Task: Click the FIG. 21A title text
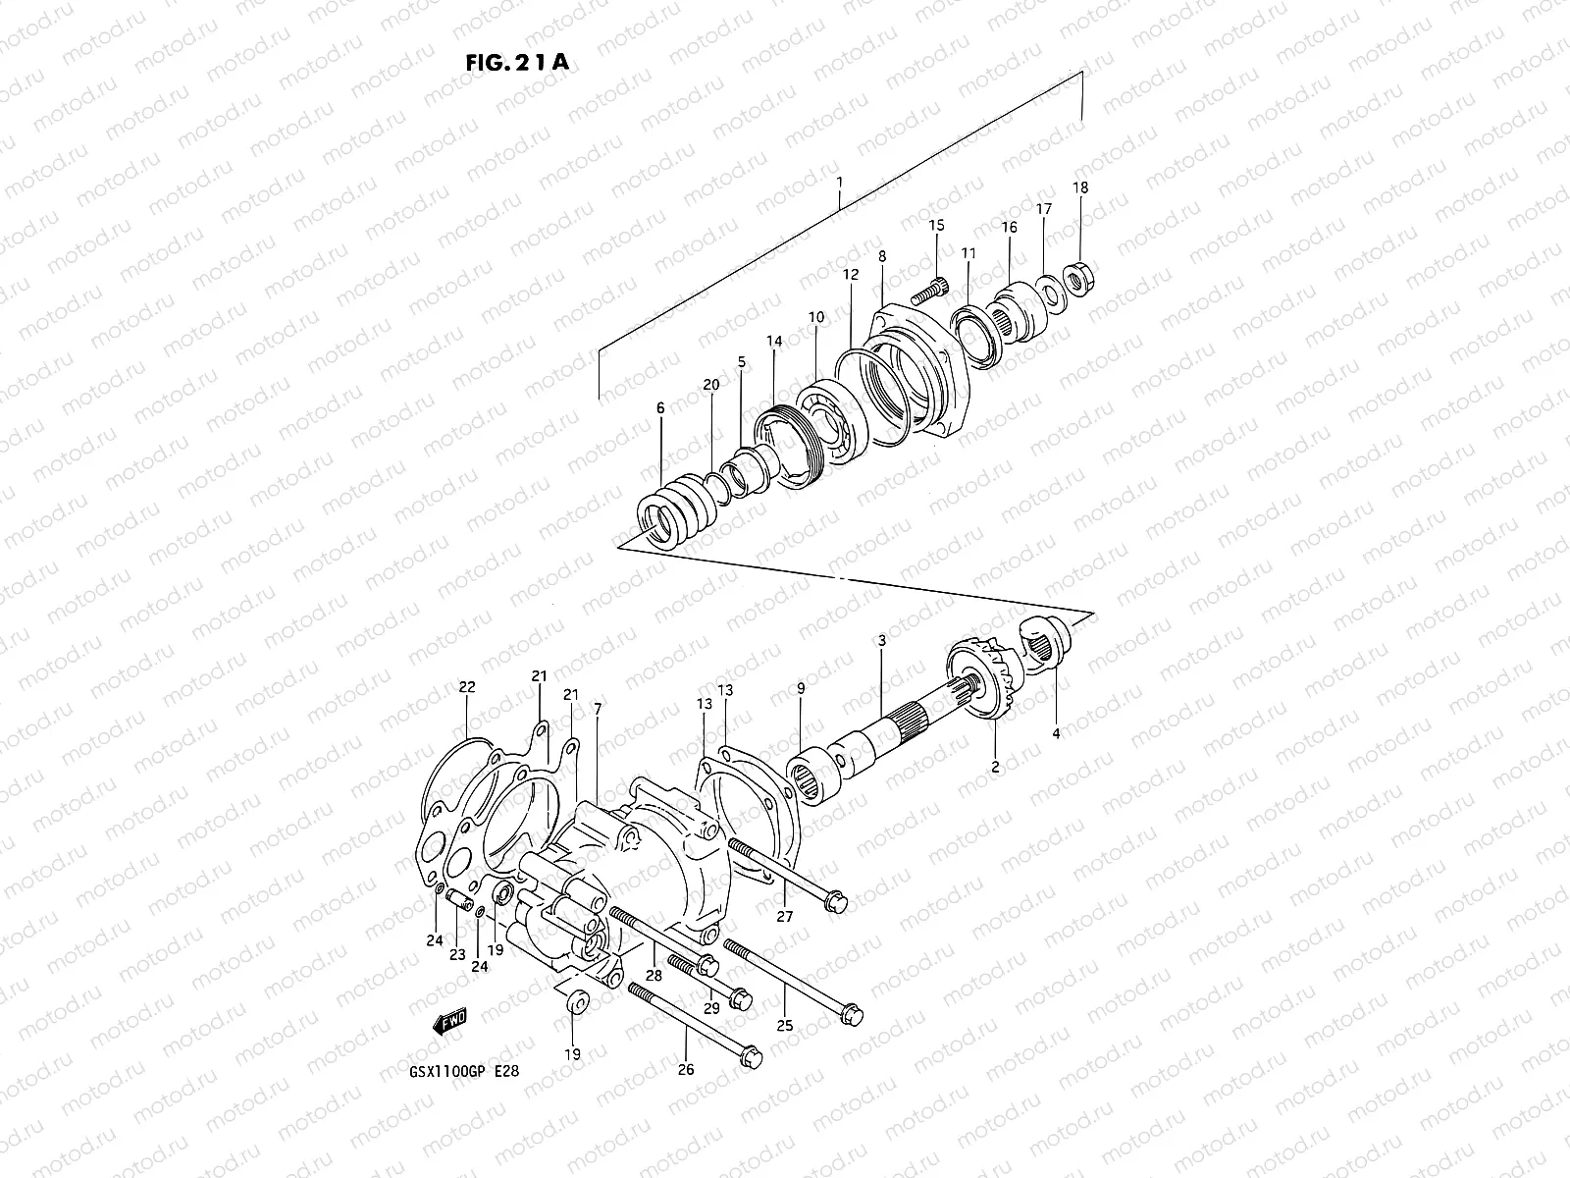(515, 62)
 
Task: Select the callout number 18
(1080, 187)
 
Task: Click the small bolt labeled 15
(928, 291)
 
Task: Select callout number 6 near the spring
(660, 407)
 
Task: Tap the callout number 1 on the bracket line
(840, 183)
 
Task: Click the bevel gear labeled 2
(981, 687)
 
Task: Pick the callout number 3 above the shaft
(881, 641)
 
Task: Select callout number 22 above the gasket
(467, 687)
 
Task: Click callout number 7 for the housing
(597, 709)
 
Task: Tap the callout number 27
(785, 917)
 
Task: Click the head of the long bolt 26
(748, 1049)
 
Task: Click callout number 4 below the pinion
(1057, 733)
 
